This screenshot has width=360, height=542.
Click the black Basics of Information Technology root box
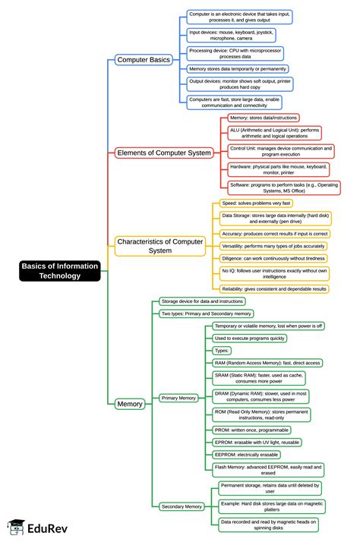coord(60,271)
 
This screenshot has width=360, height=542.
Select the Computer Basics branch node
coord(144,60)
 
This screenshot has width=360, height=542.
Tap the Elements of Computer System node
coord(164,153)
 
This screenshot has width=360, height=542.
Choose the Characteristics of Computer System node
coord(160,246)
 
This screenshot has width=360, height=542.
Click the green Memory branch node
coord(130,404)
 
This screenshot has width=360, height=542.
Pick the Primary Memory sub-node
coord(178,398)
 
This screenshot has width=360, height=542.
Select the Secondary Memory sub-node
coord(182,506)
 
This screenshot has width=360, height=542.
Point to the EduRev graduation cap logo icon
coord(16,527)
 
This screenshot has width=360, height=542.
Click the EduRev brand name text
coord(47,528)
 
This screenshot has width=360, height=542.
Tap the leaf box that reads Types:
coord(222,351)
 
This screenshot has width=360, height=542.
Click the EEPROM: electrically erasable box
coord(246,455)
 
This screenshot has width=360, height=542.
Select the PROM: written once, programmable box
coord(251,430)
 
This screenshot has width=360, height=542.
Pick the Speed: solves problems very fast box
coord(256,203)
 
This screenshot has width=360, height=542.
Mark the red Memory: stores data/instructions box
coord(264,118)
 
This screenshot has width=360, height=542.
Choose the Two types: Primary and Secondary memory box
coord(206,314)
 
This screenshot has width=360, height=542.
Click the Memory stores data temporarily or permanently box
coord(238,69)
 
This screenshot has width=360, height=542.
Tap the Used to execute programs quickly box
coord(249,338)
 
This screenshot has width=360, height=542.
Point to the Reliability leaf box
coord(274,289)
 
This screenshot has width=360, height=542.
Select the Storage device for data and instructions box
coord(202,301)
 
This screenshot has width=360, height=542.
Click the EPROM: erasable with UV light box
coord(257,443)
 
